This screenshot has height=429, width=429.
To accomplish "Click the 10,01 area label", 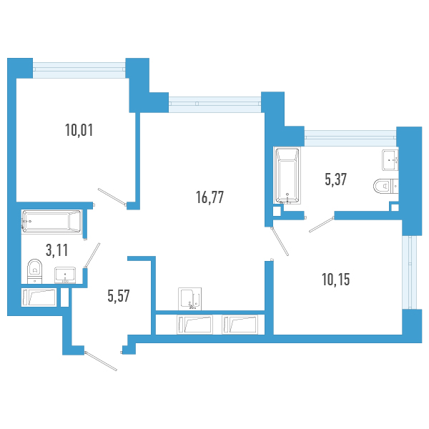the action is tap(79, 130).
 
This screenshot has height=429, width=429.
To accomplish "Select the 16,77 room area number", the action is tap(209, 197).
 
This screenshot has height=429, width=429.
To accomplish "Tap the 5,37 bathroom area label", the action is tap(336, 179).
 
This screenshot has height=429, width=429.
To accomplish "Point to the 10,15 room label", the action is tap(336, 280).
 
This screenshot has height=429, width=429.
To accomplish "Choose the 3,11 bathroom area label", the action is tap(56, 250).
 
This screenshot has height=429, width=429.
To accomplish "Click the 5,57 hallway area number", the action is tap(119, 296).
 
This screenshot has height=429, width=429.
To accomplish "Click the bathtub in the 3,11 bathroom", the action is tap(51, 221).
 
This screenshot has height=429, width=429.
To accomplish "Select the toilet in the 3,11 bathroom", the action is tap(35, 271).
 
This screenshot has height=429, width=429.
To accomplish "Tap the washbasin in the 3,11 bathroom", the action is tap(65, 275).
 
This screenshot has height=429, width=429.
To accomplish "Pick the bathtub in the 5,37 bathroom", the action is tap(287, 176).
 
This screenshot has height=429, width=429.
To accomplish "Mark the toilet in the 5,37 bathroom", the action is tap(386, 187).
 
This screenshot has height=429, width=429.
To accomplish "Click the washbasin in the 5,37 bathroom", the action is tap(390, 159).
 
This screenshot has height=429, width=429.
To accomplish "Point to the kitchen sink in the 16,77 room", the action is tap(190, 299).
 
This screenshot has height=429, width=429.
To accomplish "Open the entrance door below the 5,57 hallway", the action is tap(101, 361).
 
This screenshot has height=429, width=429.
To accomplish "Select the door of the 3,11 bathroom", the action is tap(92, 255).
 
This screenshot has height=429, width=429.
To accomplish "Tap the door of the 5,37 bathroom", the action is tap(322, 225).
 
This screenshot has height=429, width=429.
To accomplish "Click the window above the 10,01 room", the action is tap(79, 70).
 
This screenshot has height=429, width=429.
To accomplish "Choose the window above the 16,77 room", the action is tap(214, 104).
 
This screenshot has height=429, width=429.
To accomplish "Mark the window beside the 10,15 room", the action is tap(410, 272).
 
